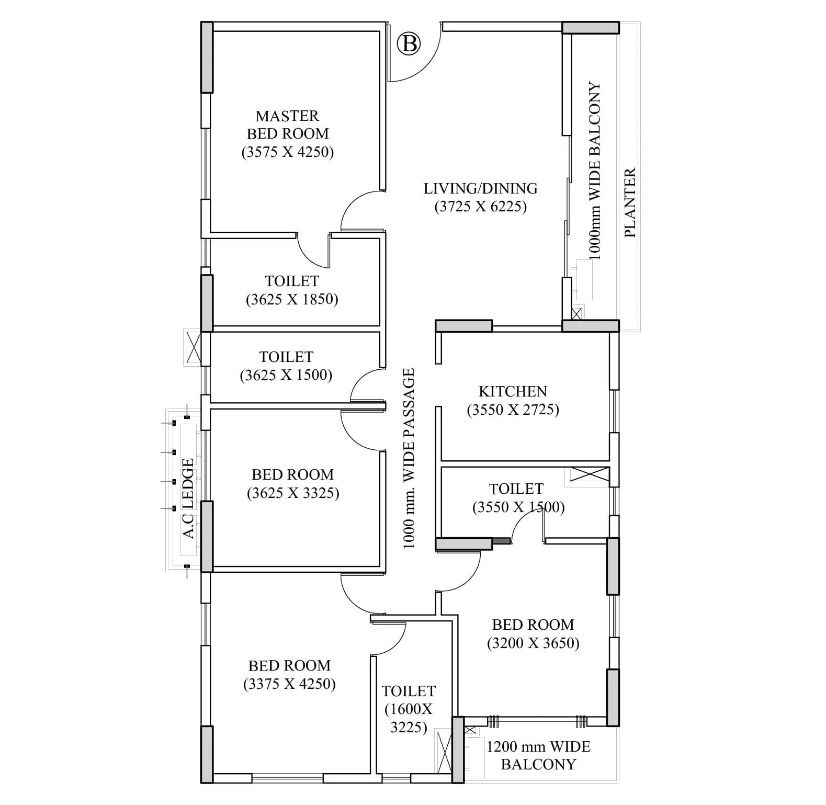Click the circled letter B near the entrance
(x=409, y=44)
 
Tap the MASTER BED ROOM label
(x=287, y=124)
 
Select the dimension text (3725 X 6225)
(x=480, y=207)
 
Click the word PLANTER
(x=630, y=202)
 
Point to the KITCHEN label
(x=513, y=391)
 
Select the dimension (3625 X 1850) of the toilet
(x=292, y=299)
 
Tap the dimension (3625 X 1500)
(x=286, y=375)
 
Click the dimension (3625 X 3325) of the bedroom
(x=293, y=493)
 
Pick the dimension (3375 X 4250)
(x=289, y=684)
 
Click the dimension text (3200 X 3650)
(x=533, y=643)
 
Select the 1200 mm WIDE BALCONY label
(x=538, y=755)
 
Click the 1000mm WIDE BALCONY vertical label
(x=595, y=171)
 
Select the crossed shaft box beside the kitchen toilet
(x=589, y=474)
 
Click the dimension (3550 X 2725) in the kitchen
(x=513, y=410)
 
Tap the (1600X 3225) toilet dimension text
(x=409, y=718)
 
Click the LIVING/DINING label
(x=480, y=188)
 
